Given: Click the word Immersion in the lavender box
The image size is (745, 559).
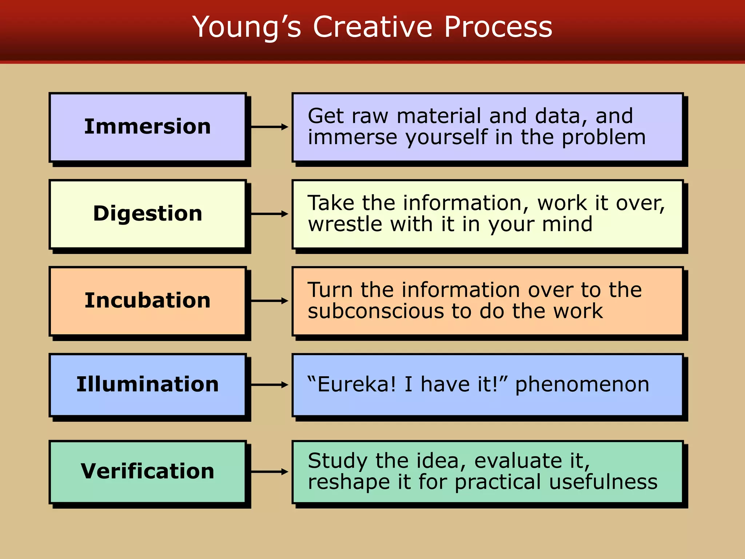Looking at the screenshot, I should click(x=147, y=127).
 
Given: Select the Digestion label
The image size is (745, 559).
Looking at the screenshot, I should click(x=147, y=213).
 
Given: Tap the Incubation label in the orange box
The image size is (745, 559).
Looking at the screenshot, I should click(x=147, y=301).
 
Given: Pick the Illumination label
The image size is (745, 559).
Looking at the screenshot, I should click(x=147, y=384).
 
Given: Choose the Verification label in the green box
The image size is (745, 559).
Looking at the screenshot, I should click(x=147, y=471).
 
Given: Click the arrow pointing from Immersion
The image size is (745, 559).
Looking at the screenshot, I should click(x=269, y=127).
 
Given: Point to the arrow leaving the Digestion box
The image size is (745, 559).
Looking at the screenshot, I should click(x=269, y=214).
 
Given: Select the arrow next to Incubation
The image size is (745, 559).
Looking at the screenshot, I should click(x=269, y=301).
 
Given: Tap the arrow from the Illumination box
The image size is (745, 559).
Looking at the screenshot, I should click(x=269, y=385).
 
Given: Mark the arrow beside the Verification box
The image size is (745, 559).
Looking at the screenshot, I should click(x=269, y=472).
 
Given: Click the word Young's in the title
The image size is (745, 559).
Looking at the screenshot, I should click(x=247, y=28).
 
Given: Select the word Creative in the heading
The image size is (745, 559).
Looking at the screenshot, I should click(x=372, y=27).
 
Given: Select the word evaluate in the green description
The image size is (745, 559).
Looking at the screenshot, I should click(x=517, y=461).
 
